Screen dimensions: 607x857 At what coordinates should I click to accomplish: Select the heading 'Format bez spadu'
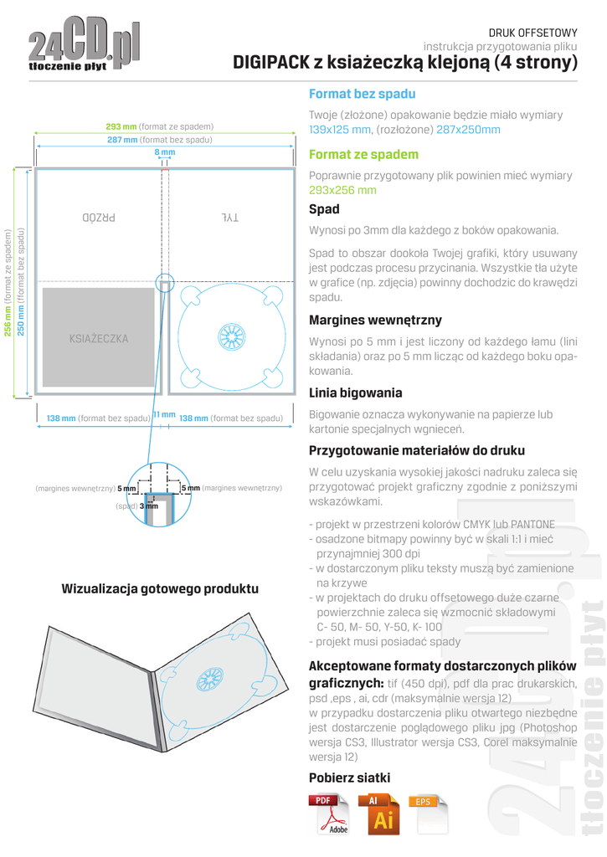click(362, 95)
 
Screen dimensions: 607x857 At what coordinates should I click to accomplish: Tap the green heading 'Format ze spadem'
click(363, 155)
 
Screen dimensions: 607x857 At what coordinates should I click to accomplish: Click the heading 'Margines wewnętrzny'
click(375, 320)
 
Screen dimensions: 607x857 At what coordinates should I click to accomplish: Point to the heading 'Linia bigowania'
click(355, 393)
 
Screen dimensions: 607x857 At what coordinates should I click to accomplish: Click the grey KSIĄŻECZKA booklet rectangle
click(99, 339)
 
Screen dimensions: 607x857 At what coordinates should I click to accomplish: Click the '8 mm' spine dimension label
click(165, 153)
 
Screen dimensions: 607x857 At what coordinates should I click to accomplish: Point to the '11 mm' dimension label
click(163, 415)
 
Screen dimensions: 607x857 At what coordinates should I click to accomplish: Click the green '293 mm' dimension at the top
click(121, 126)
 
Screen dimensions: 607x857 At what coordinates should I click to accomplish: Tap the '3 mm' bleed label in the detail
click(148, 505)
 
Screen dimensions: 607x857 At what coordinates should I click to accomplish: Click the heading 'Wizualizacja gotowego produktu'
click(160, 589)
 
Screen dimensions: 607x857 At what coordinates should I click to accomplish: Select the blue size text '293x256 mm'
click(342, 191)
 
